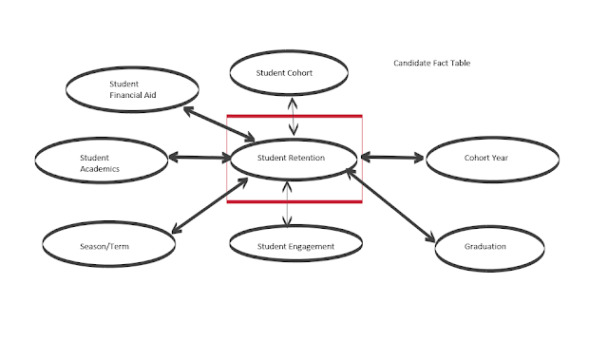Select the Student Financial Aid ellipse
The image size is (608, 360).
pos(132,88)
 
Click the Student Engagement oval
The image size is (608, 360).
pos(295,247)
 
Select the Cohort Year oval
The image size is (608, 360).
pos(490,159)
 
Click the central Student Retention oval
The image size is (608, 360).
pos(293,158)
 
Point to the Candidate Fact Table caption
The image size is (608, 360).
pos(432,64)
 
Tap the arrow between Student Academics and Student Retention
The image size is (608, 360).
pos(198,157)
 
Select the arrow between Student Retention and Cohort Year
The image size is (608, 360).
pos(392,158)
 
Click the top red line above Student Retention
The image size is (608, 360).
pos(294,117)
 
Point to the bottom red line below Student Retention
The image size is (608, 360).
pos(294,201)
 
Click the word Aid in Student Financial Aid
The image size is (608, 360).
pos(151,95)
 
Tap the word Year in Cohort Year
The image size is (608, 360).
pos(506,159)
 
